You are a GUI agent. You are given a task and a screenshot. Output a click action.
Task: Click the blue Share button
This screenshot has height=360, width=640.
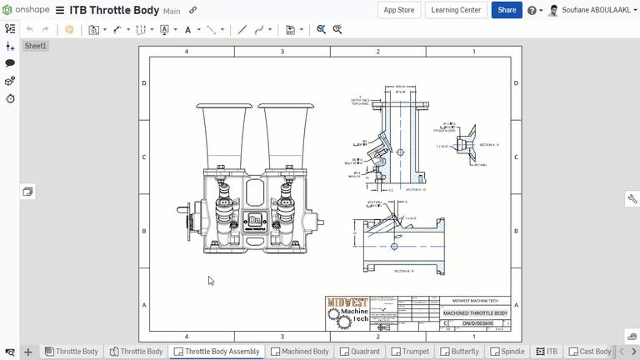point(507,10)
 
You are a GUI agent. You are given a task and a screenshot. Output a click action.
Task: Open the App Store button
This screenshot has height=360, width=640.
point(398,10)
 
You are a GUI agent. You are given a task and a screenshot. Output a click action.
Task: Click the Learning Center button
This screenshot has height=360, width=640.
point(456,10)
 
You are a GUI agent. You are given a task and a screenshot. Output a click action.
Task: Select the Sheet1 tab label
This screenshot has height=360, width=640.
point(36,46)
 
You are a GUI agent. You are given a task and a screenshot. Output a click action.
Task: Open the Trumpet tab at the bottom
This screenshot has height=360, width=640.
point(410,352)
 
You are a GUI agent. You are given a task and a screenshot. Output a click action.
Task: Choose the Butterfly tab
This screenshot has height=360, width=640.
point(459,352)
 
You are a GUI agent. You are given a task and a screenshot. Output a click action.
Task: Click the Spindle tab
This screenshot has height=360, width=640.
point(507,352)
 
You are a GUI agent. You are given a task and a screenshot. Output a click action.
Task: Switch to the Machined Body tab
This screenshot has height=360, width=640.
point(299,352)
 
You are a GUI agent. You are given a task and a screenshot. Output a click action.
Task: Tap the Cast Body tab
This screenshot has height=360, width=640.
point(589,352)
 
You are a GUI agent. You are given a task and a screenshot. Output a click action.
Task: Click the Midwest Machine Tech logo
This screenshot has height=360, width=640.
point(347,312)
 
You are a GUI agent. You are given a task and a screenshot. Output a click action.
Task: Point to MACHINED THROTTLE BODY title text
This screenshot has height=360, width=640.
point(475,313)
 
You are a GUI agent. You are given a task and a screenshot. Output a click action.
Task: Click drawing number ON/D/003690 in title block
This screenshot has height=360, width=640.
point(477,323)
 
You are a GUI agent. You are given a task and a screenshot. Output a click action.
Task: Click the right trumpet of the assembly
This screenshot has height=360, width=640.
point(286,133)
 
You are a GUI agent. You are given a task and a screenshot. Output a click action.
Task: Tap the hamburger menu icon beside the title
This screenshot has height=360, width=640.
point(60,11)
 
